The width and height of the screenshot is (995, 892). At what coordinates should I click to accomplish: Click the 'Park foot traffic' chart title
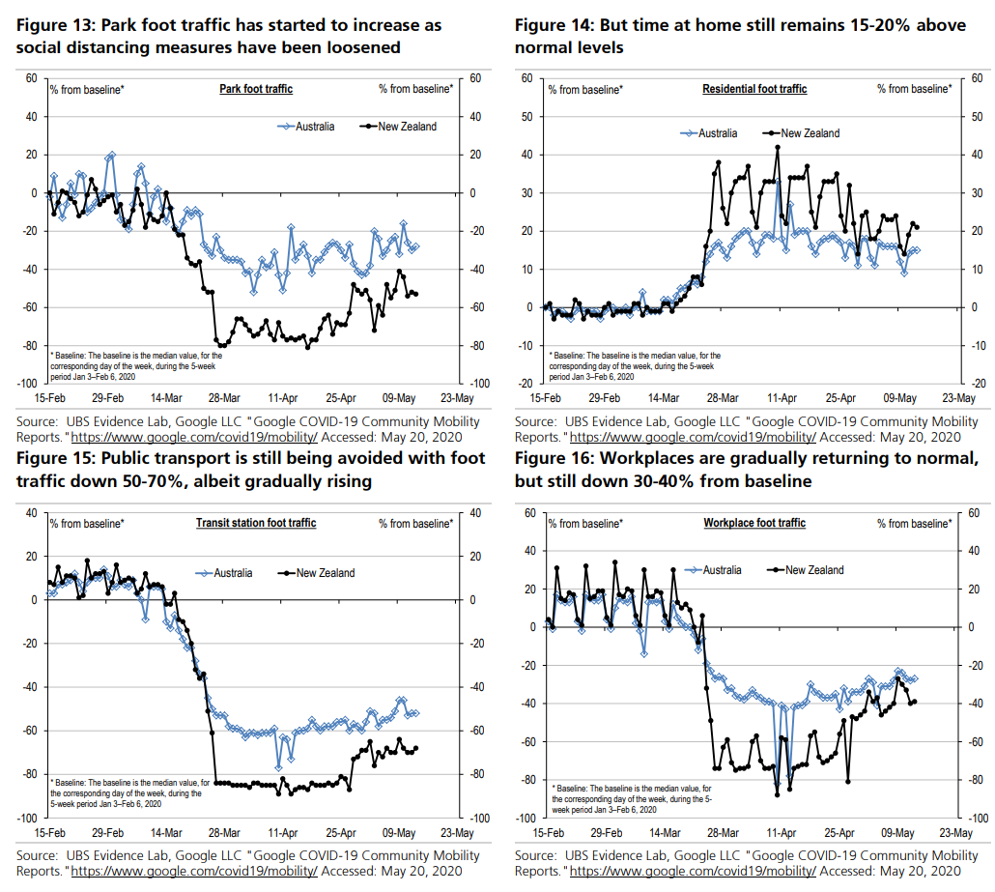pyautogui.click(x=256, y=89)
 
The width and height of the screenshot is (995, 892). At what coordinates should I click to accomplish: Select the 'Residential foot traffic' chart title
pyautogui.click(x=754, y=89)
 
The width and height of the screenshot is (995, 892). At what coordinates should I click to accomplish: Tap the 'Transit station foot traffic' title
pyautogui.click(x=256, y=524)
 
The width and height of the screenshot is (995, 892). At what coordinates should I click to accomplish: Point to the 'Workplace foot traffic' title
pyautogui.click(x=754, y=524)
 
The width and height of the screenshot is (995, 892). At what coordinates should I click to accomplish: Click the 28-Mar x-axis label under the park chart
pyautogui.click(x=224, y=397)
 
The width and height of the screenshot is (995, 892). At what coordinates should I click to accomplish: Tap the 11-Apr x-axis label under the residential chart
pyautogui.click(x=782, y=397)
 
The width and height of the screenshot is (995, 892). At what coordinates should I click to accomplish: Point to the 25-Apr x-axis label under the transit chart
pyautogui.click(x=341, y=831)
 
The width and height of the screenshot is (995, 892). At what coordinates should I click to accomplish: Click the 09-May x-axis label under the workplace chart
pyautogui.click(x=899, y=831)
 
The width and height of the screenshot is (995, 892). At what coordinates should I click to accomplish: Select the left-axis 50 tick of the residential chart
pyautogui.click(x=528, y=116)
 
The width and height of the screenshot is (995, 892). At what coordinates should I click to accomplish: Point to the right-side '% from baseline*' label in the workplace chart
pyautogui.click(x=913, y=524)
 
